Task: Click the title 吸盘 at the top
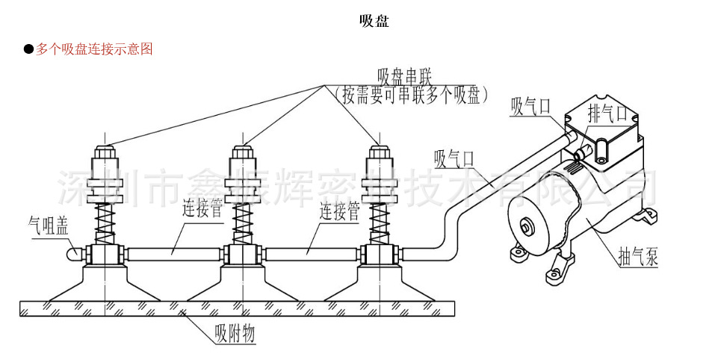[x=374, y=22]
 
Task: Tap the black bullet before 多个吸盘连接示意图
[x=28, y=49]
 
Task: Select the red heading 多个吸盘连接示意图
[x=94, y=49]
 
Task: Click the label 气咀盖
[x=49, y=223]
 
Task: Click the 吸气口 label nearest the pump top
[x=530, y=107]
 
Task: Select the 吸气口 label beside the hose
[x=454, y=158]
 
